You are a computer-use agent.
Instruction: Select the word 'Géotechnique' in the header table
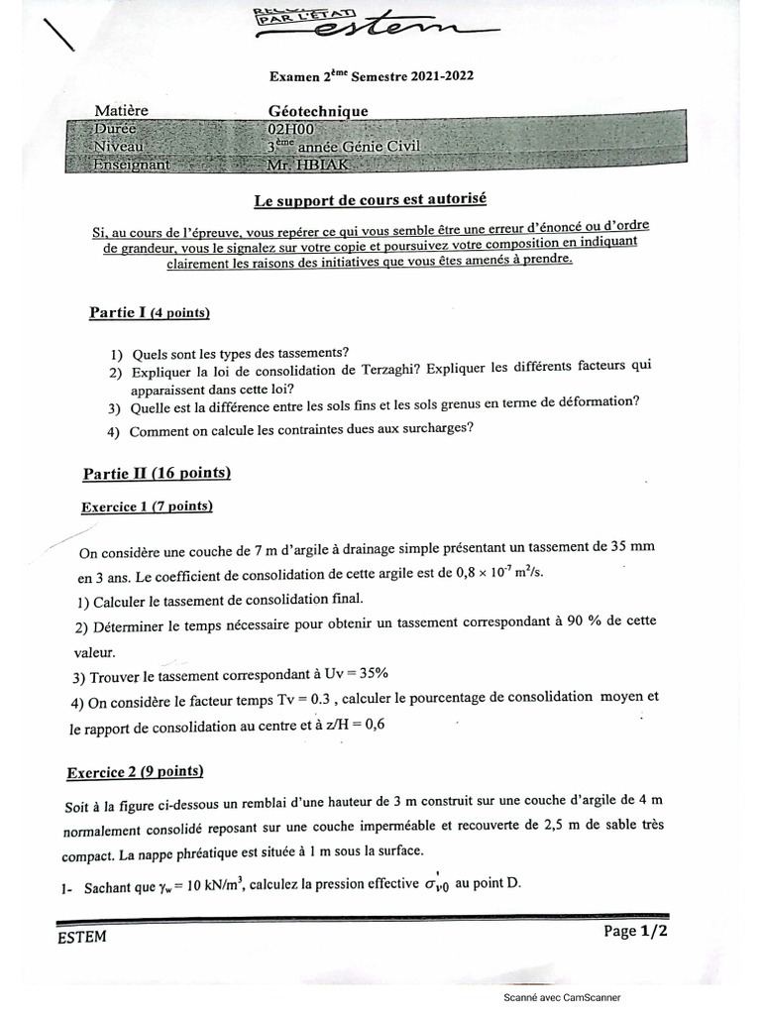click(x=317, y=112)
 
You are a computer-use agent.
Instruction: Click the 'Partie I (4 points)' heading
click(x=150, y=313)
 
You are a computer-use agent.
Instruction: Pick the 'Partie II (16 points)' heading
click(x=157, y=473)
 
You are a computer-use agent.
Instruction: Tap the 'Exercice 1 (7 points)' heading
click(x=147, y=507)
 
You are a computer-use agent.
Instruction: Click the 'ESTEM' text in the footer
click(x=82, y=937)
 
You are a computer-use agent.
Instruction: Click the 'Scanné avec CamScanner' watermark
click(x=561, y=997)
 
